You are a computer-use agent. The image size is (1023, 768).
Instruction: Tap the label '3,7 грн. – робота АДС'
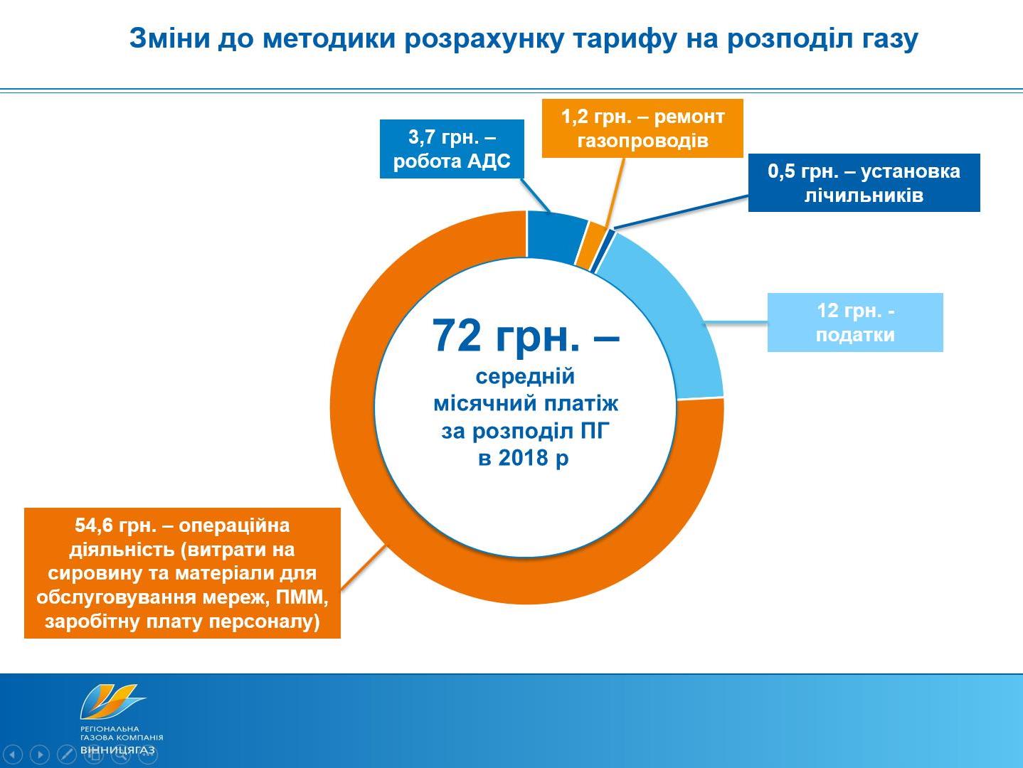point(452,149)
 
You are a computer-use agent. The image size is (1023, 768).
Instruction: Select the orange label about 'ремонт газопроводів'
point(642,128)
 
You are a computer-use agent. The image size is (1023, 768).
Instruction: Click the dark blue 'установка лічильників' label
point(864,183)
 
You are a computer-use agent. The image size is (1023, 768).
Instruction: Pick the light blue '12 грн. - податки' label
point(855,322)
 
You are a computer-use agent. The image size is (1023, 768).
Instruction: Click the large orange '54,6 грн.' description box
point(182,573)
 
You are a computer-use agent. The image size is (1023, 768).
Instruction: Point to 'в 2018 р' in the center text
point(524,457)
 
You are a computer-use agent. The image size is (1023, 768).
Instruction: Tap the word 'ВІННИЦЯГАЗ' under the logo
point(118,750)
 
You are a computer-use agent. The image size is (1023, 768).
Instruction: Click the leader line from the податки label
point(736,322)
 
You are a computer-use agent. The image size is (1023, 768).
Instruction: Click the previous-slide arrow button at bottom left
point(14,754)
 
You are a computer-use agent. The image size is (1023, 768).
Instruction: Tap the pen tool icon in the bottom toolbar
point(66,754)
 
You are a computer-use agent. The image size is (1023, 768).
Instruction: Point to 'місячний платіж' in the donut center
point(526,403)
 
